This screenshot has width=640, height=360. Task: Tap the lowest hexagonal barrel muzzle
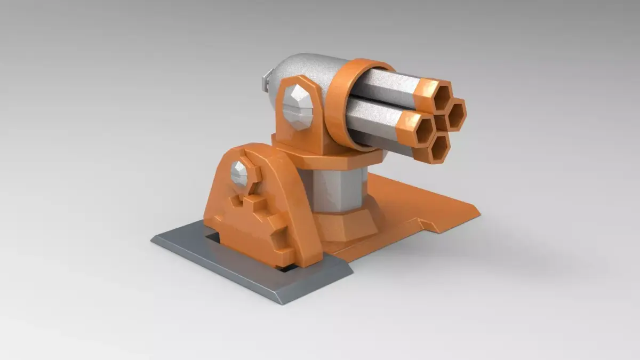(439, 150)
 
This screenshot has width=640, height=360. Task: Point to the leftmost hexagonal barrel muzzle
(423, 129)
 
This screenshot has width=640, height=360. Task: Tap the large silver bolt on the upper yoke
(297, 107)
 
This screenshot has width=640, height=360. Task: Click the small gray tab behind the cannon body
(266, 83)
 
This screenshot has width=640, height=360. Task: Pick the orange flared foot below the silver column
(349, 224)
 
